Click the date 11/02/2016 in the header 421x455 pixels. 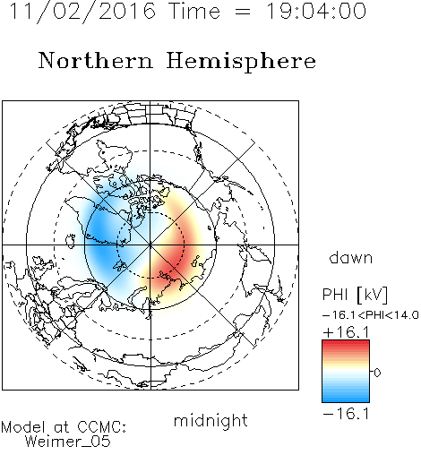click(x=82, y=12)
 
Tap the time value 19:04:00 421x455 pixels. click(x=316, y=11)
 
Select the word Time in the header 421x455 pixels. click(x=194, y=11)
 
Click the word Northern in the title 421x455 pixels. click(x=96, y=61)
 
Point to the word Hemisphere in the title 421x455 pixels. click(x=241, y=62)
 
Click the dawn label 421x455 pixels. click(x=351, y=257)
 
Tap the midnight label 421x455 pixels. click(x=210, y=420)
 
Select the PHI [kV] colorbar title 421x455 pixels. click(x=355, y=295)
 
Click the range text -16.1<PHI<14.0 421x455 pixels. click(x=371, y=315)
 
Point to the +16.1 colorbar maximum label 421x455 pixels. click(x=346, y=332)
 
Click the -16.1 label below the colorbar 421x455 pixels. click(x=346, y=414)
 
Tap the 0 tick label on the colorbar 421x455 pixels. click(x=377, y=373)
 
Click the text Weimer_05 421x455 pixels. click(x=67, y=442)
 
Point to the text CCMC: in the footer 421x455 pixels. click(x=102, y=427)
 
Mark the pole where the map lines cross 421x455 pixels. click(x=150, y=245)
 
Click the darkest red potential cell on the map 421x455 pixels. click(x=173, y=262)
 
